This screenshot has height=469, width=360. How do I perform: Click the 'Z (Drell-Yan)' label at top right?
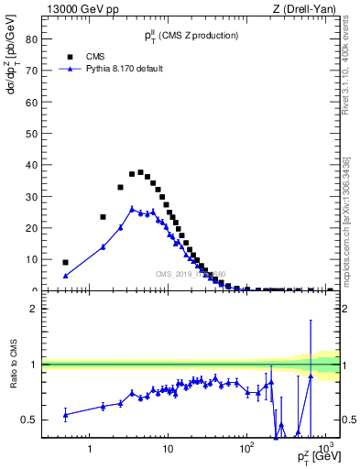pyautogui.click(x=309, y=9)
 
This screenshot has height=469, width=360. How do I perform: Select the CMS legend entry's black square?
pyautogui.click(x=69, y=56)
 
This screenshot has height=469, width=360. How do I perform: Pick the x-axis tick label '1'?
pyautogui.click(x=90, y=450)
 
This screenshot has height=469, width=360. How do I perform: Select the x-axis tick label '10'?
pyautogui.click(x=167, y=450)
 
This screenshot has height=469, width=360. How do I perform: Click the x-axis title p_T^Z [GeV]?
pyautogui.click(x=316, y=457)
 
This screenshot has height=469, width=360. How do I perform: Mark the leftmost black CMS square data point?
pyautogui.click(x=65, y=262)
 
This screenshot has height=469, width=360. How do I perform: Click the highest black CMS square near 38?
pyautogui.click(x=140, y=172)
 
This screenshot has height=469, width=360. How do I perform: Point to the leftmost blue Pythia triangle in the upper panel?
pyautogui.click(x=65, y=276)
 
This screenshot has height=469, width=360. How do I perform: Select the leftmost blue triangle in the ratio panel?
pyautogui.click(x=65, y=415)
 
